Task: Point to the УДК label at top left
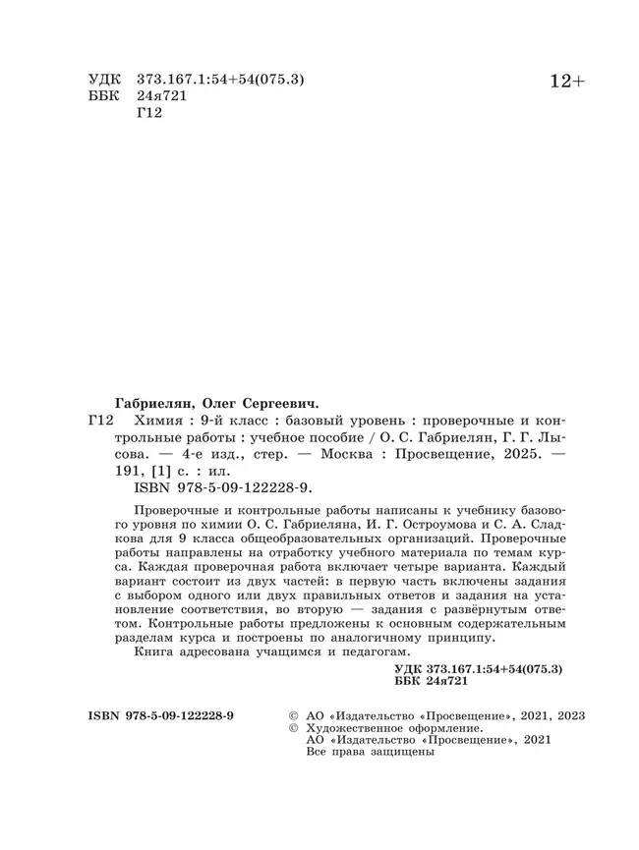pyautogui.click(x=104, y=79)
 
